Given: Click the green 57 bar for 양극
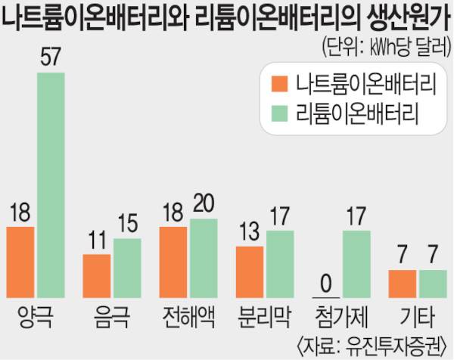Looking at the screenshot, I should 51,185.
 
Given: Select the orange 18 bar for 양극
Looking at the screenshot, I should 20,261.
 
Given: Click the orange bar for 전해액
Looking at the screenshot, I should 173,261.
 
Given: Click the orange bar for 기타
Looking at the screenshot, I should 403,283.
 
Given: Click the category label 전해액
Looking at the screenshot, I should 188,313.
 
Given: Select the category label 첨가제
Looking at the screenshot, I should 341,313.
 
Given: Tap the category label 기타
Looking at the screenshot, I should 417,313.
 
